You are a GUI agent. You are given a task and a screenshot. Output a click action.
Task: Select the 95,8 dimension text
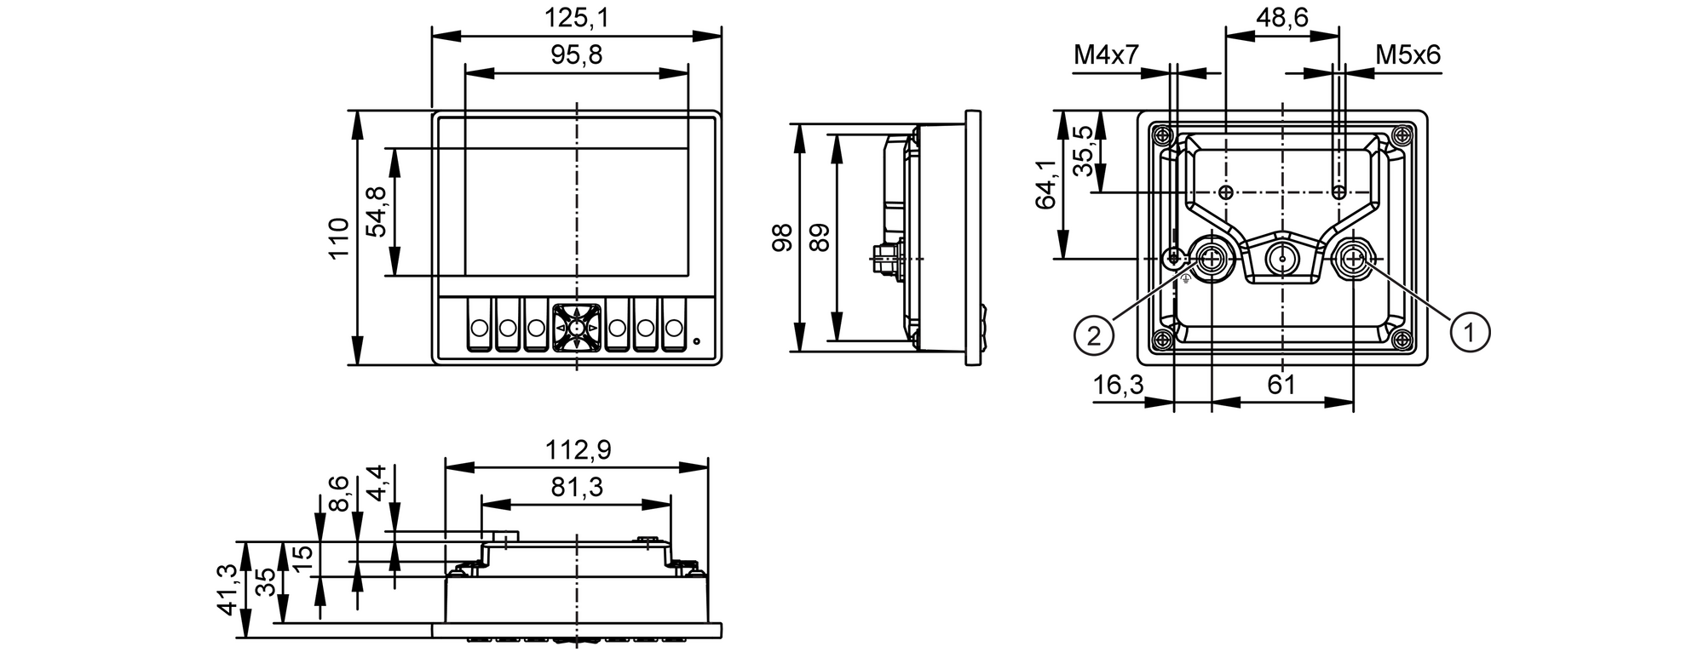[577, 55]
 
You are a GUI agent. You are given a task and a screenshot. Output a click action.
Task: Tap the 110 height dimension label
[339, 238]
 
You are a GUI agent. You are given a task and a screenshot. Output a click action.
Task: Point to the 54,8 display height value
[377, 212]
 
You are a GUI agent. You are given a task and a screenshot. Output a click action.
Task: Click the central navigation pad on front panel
[577, 328]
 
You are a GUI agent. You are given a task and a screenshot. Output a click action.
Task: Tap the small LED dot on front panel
[697, 342]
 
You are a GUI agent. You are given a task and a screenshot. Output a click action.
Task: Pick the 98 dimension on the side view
[782, 237]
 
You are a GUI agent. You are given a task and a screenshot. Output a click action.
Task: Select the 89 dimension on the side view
[819, 237]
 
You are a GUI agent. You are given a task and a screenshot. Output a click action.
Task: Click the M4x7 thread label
[1106, 55]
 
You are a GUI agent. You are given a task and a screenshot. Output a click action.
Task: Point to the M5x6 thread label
[1408, 55]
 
